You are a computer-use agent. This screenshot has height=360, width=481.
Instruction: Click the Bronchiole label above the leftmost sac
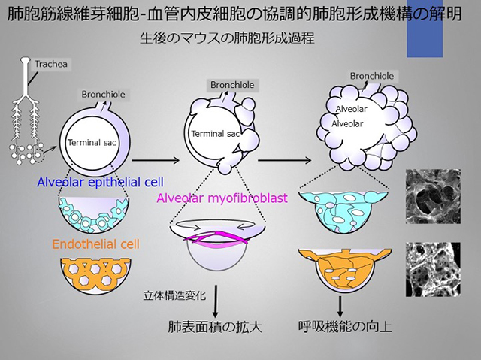pos(103,95)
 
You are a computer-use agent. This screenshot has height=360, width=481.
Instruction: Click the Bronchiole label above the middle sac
pos(231,85)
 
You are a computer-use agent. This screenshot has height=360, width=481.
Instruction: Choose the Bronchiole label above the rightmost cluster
pos(373,76)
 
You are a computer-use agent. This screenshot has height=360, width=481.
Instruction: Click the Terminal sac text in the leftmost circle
pos(89,142)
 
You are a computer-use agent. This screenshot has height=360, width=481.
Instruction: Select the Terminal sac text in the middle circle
pos(213,133)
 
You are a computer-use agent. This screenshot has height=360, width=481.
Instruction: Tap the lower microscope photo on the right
pos(430,269)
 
